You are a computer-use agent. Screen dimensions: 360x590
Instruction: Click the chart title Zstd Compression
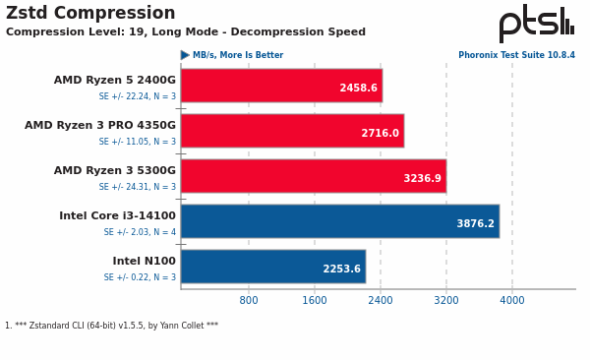(90, 14)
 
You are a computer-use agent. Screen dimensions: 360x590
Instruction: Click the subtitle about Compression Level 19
(186, 32)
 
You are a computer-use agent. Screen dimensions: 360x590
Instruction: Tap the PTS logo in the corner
(536, 22)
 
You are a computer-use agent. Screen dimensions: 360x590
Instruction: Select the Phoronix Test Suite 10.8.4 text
(516, 56)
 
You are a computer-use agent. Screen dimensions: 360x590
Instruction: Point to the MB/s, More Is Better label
(237, 56)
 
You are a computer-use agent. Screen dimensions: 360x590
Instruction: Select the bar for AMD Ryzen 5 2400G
(281, 86)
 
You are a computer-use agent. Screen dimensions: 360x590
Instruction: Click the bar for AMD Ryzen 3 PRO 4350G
(292, 131)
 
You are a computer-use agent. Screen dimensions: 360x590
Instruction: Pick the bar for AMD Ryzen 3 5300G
(313, 176)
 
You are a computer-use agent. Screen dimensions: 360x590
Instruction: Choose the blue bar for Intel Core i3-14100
(339, 221)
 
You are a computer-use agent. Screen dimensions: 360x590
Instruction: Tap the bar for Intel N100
(272, 267)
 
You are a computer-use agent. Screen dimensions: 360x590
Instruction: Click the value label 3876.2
(475, 224)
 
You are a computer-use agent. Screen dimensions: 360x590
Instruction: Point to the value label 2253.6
(341, 270)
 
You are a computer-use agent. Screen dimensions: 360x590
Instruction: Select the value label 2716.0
(380, 134)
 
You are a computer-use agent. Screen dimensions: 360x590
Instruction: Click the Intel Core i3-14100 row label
(117, 216)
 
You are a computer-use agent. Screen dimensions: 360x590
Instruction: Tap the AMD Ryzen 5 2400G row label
(114, 81)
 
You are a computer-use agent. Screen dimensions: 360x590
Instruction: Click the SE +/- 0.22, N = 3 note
(140, 277)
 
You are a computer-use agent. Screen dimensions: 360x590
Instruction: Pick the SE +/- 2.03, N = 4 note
(140, 232)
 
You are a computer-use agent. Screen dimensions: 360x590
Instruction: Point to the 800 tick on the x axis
(249, 301)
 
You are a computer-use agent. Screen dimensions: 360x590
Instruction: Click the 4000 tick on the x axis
(511, 301)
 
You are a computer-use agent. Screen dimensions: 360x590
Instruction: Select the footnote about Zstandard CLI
(112, 326)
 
